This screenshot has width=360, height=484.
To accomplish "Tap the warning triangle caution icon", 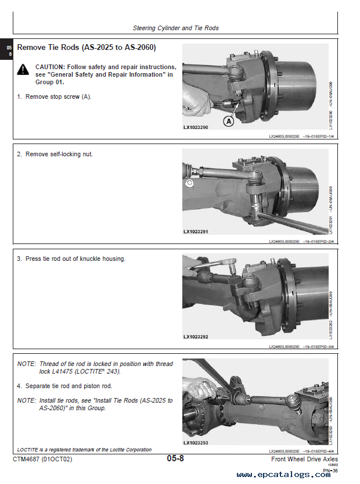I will (23, 70).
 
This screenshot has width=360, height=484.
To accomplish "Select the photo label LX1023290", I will (196, 127).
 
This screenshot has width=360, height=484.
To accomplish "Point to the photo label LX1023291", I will (196, 232).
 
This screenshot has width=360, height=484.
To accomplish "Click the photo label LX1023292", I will (196, 336).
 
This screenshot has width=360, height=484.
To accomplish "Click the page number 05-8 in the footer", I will (175, 459).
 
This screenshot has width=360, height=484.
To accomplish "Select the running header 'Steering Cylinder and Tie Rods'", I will (175, 28).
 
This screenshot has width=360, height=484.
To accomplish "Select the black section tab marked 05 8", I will (8, 50).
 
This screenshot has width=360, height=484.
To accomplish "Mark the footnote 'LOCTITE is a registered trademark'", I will (84, 449).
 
